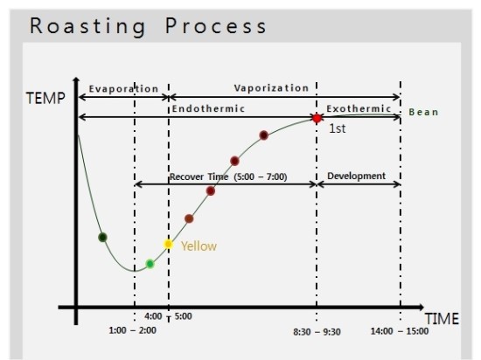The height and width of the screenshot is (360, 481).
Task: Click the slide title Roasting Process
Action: [x=149, y=25]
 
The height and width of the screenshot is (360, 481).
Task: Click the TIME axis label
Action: [x=442, y=319]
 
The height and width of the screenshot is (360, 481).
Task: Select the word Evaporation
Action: [x=124, y=89]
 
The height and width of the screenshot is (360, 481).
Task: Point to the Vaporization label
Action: [x=271, y=88]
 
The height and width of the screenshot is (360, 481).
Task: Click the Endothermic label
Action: [x=207, y=108]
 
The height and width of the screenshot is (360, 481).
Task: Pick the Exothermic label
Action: [x=359, y=108]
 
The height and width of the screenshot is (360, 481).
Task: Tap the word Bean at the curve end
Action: [x=423, y=113]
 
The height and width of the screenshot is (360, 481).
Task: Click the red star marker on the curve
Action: [x=317, y=118]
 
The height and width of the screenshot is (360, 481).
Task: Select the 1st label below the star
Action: [x=337, y=128]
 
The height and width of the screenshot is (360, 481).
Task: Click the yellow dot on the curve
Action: [x=169, y=244]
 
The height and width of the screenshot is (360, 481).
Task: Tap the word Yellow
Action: [x=199, y=246]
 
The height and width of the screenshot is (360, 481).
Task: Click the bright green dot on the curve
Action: [x=150, y=263]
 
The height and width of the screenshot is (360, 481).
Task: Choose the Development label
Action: [x=356, y=176]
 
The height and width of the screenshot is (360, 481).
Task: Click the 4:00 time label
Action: [x=153, y=316]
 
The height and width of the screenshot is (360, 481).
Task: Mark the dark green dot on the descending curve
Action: [x=103, y=237]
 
